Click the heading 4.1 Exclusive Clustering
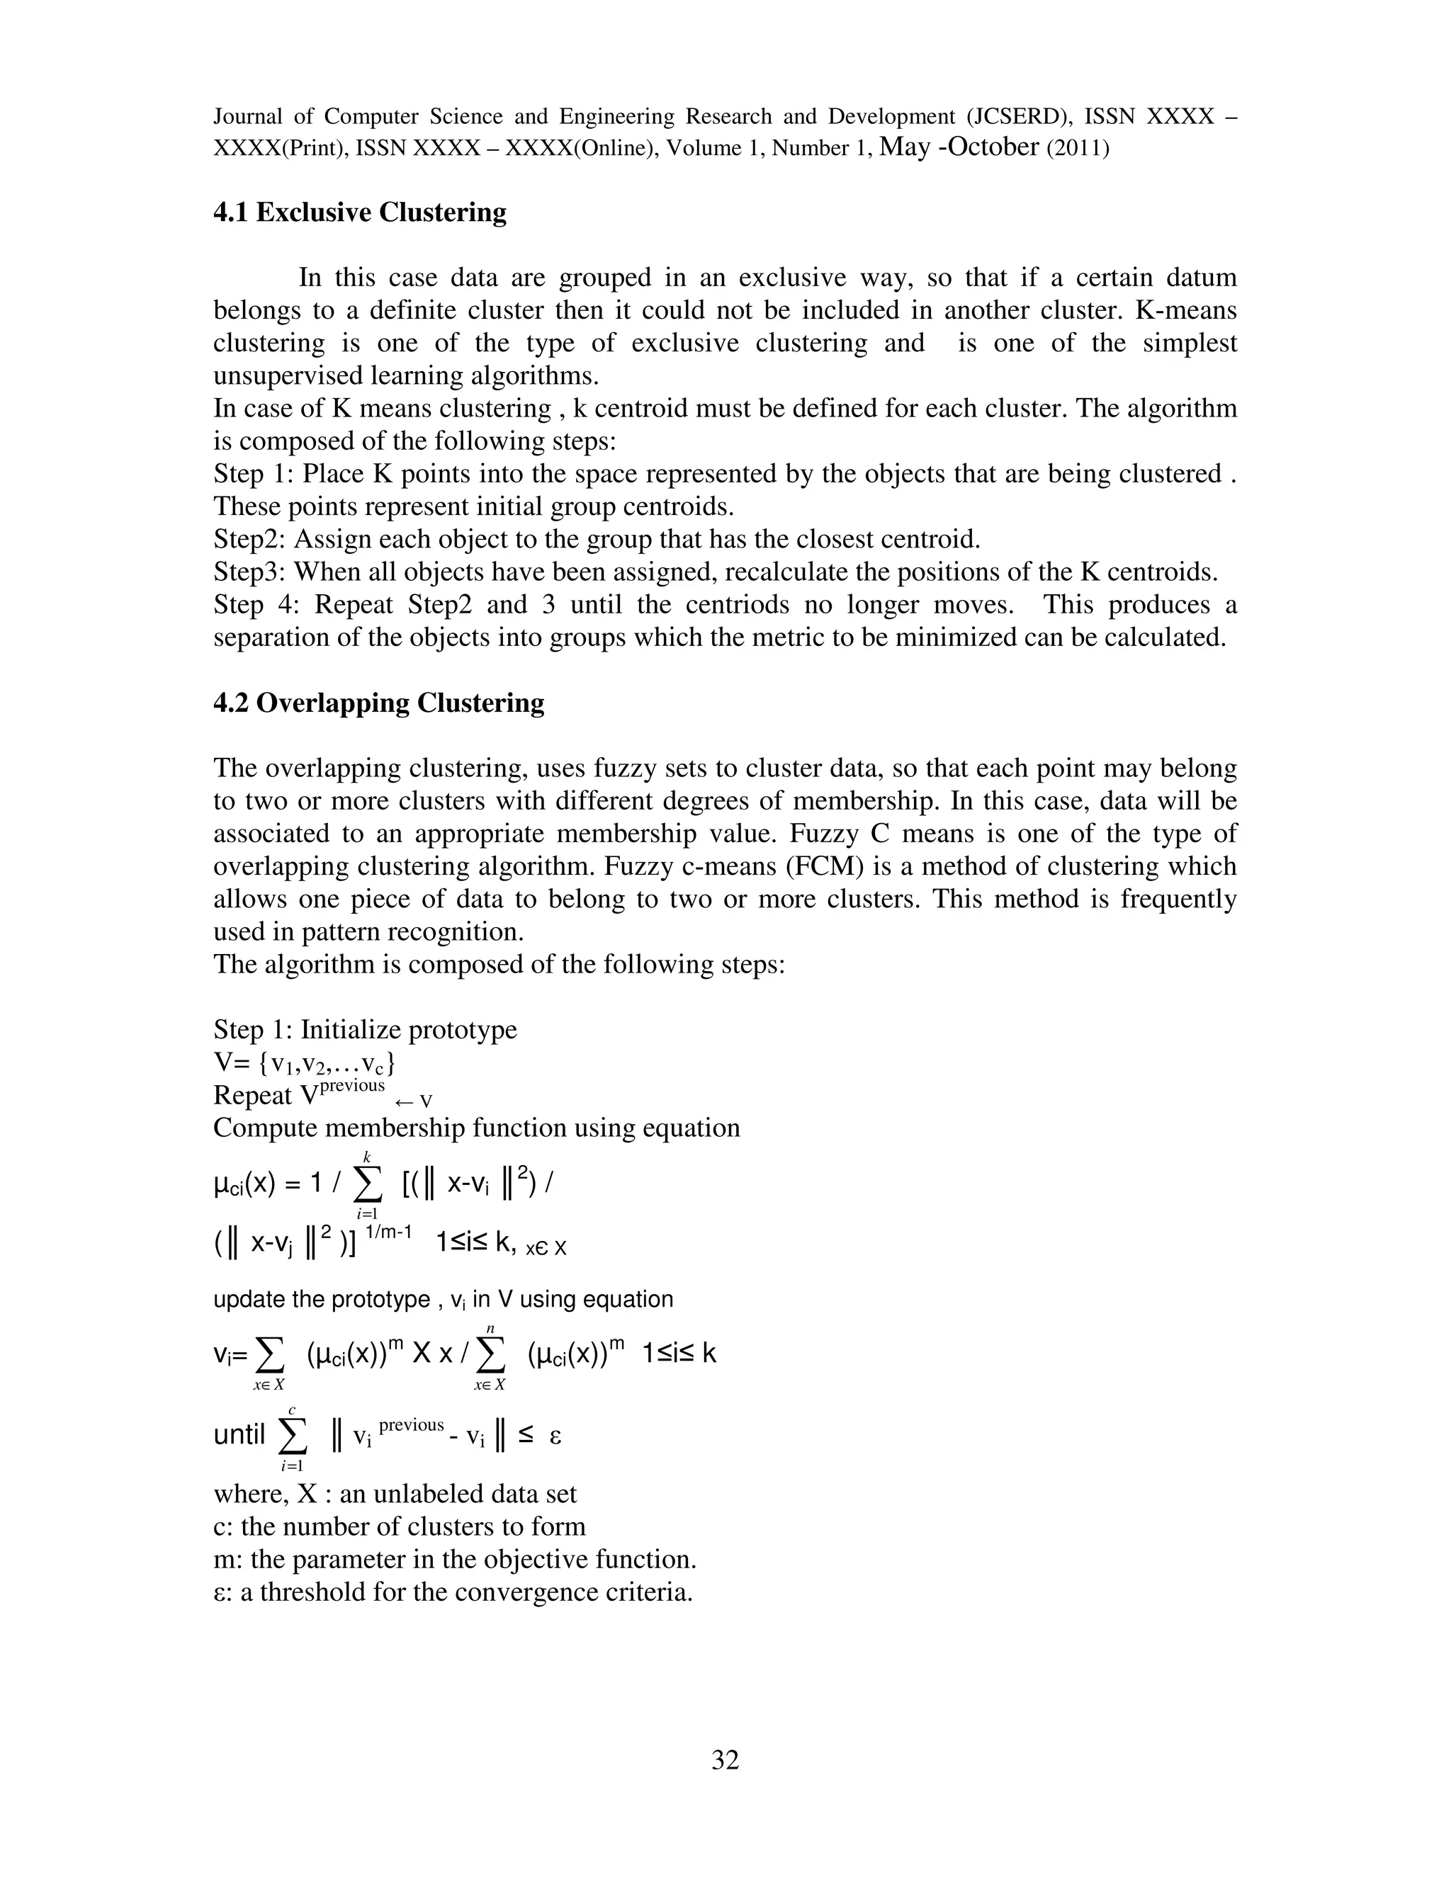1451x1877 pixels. pyautogui.click(x=359, y=212)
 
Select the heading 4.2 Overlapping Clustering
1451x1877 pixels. pyautogui.click(x=378, y=703)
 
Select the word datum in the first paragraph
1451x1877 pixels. pyautogui.click(x=1201, y=278)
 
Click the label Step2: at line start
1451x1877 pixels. pyautogui.click(x=249, y=540)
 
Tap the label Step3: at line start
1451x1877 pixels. pyautogui.click(x=249, y=572)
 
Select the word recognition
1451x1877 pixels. pyautogui.click(x=456, y=931)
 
